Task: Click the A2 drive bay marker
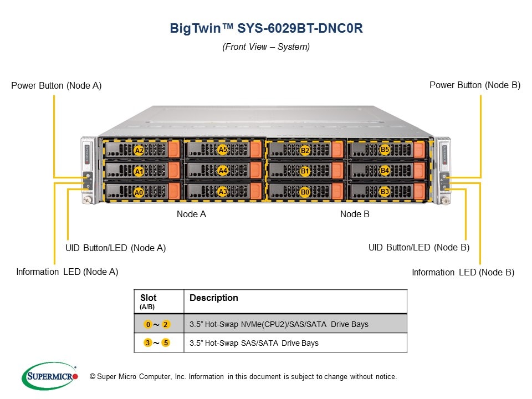pos(139,150)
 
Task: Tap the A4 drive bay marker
pos(223,171)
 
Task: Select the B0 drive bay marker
pos(305,192)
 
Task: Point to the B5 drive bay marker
pos(385,150)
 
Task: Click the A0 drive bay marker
pos(139,192)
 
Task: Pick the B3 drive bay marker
pos(385,192)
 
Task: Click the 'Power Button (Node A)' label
pos(56,85)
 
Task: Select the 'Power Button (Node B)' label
pos(475,85)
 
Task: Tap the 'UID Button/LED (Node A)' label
pos(115,248)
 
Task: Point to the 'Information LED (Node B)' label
pos(463,272)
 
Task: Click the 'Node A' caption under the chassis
pos(191,214)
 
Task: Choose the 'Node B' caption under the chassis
pos(355,214)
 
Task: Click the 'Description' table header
pos(213,298)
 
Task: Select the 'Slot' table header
pos(148,298)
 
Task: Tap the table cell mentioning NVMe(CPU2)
pos(279,324)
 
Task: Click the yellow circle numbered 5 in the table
pos(166,343)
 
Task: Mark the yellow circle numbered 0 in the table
pos(147,324)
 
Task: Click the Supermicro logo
pos(50,376)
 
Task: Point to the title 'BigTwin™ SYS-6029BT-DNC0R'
pos(266,29)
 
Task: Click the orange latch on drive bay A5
pos(256,150)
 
